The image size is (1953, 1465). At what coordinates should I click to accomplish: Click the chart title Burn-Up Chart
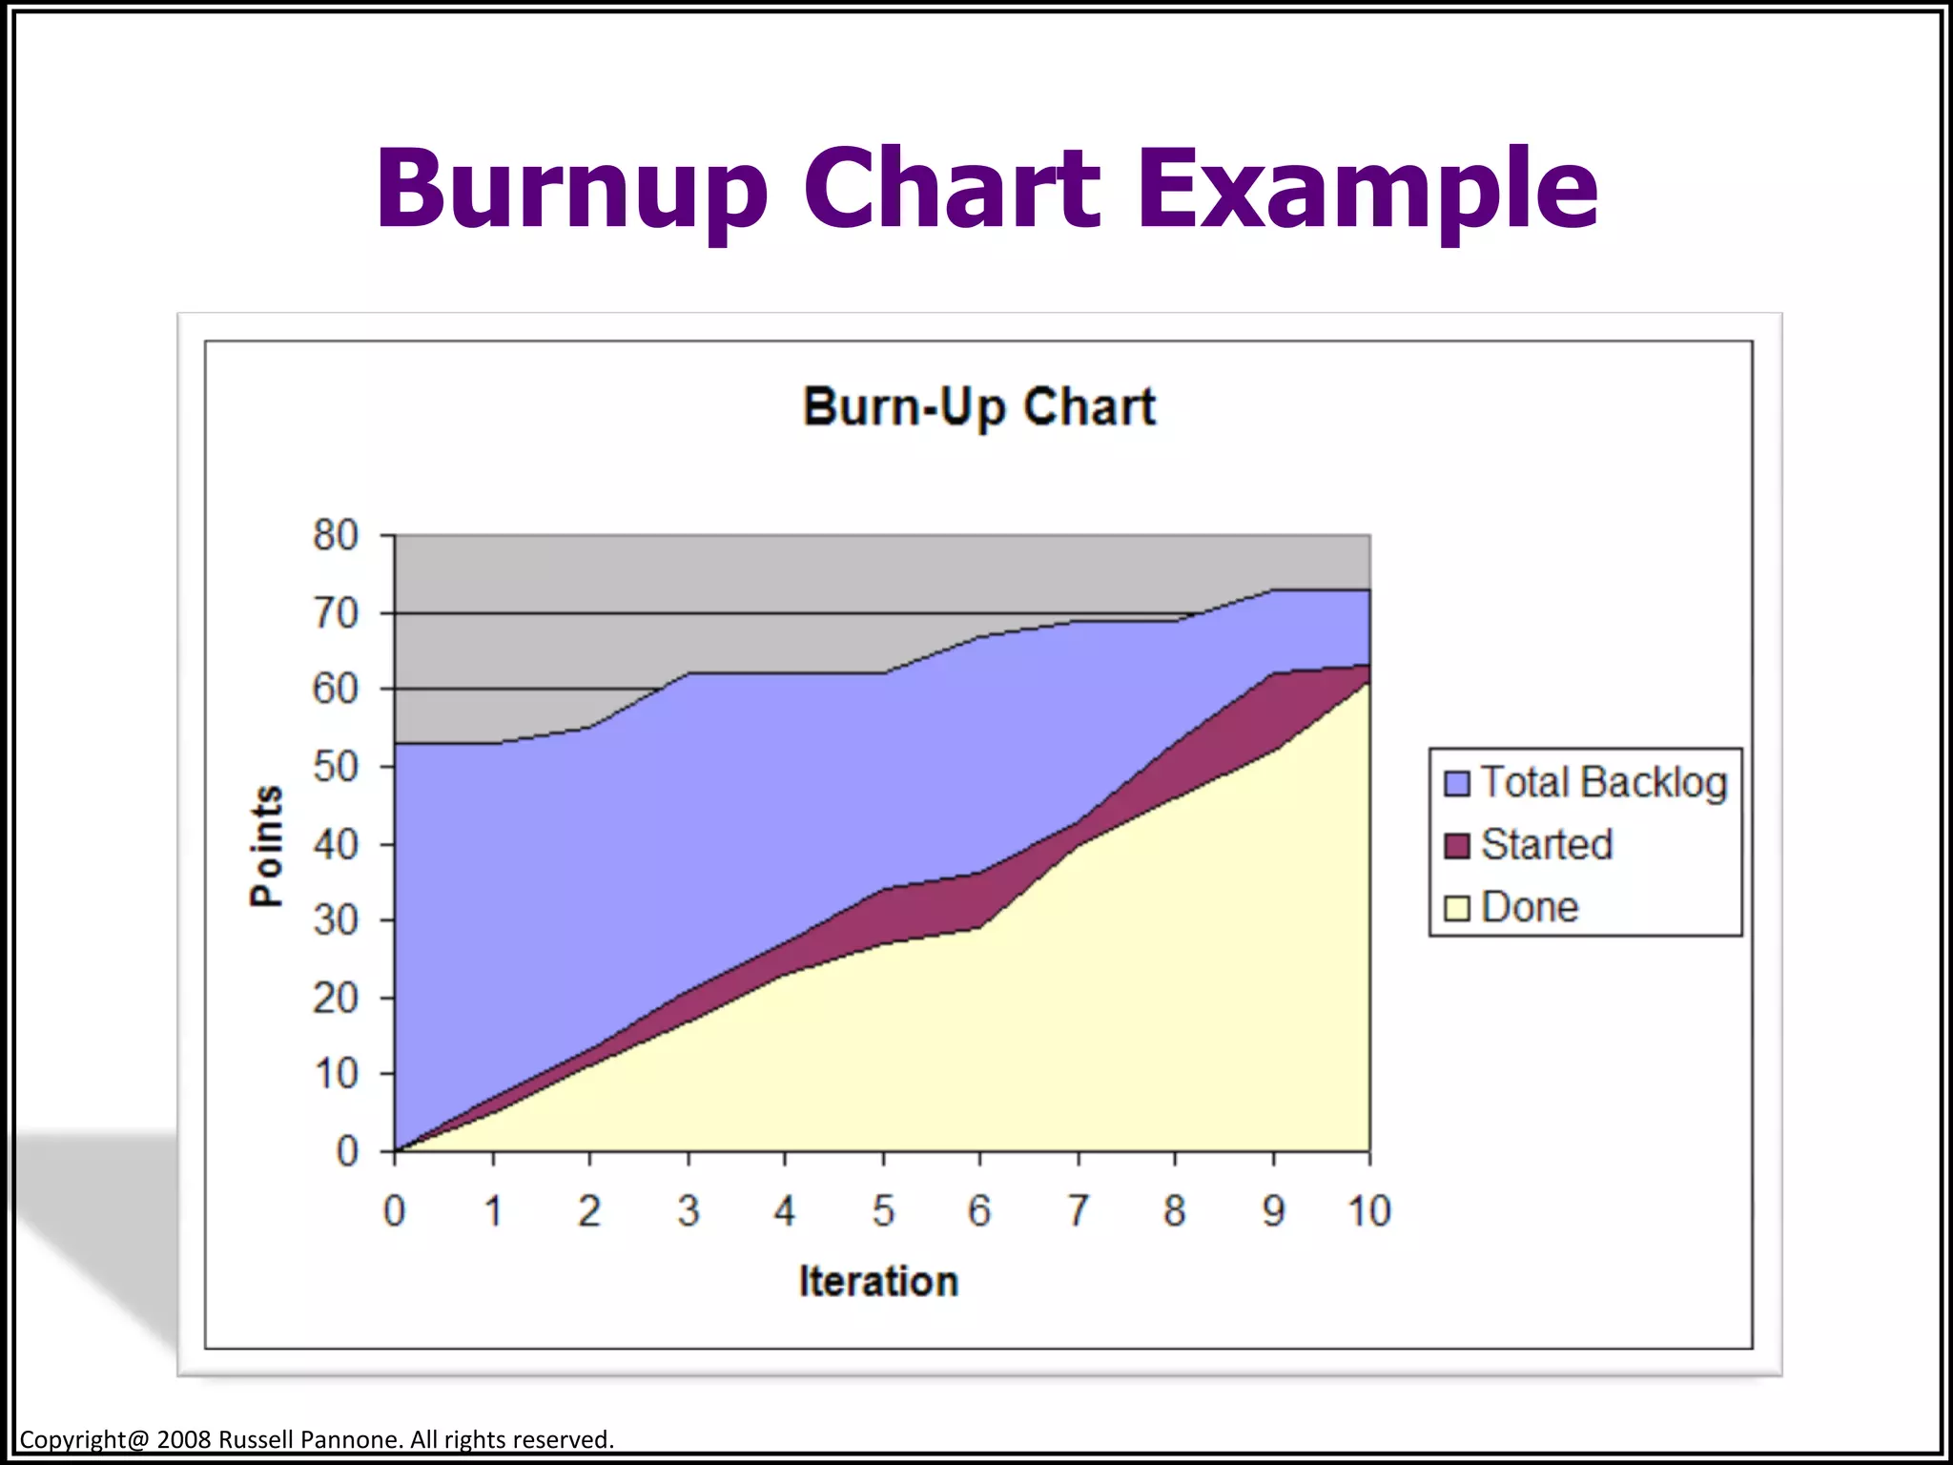[978, 407]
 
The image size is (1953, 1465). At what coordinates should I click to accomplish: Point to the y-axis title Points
[267, 846]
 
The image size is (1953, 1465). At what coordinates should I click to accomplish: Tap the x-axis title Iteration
[878, 1281]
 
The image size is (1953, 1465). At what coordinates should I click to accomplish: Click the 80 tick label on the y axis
[336, 536]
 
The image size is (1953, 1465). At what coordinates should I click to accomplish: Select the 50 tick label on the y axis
[336, 767]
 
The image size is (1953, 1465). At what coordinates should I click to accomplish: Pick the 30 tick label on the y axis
[336, 920]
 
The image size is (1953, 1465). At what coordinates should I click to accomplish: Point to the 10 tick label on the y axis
[336, 1075]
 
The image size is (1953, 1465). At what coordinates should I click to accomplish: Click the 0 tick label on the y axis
[347, 1152]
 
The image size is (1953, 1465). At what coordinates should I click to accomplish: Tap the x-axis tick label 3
[688, 1211]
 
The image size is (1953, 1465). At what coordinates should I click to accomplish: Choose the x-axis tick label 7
[1078, 1211]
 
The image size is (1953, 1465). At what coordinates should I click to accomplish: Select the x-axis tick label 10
[1368, 1211]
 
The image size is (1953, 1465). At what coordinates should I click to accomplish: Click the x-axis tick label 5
[883, 1211]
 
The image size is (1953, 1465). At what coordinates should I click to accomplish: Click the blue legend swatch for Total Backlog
[1456, 783]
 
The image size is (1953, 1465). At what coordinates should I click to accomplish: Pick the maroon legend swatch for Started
[1456, 846]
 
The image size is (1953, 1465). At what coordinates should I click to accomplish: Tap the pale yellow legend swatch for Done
[1456, 908]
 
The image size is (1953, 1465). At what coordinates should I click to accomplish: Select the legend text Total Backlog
[1603, 783]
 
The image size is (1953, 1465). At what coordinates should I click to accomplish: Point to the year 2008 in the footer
[183, 1439]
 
